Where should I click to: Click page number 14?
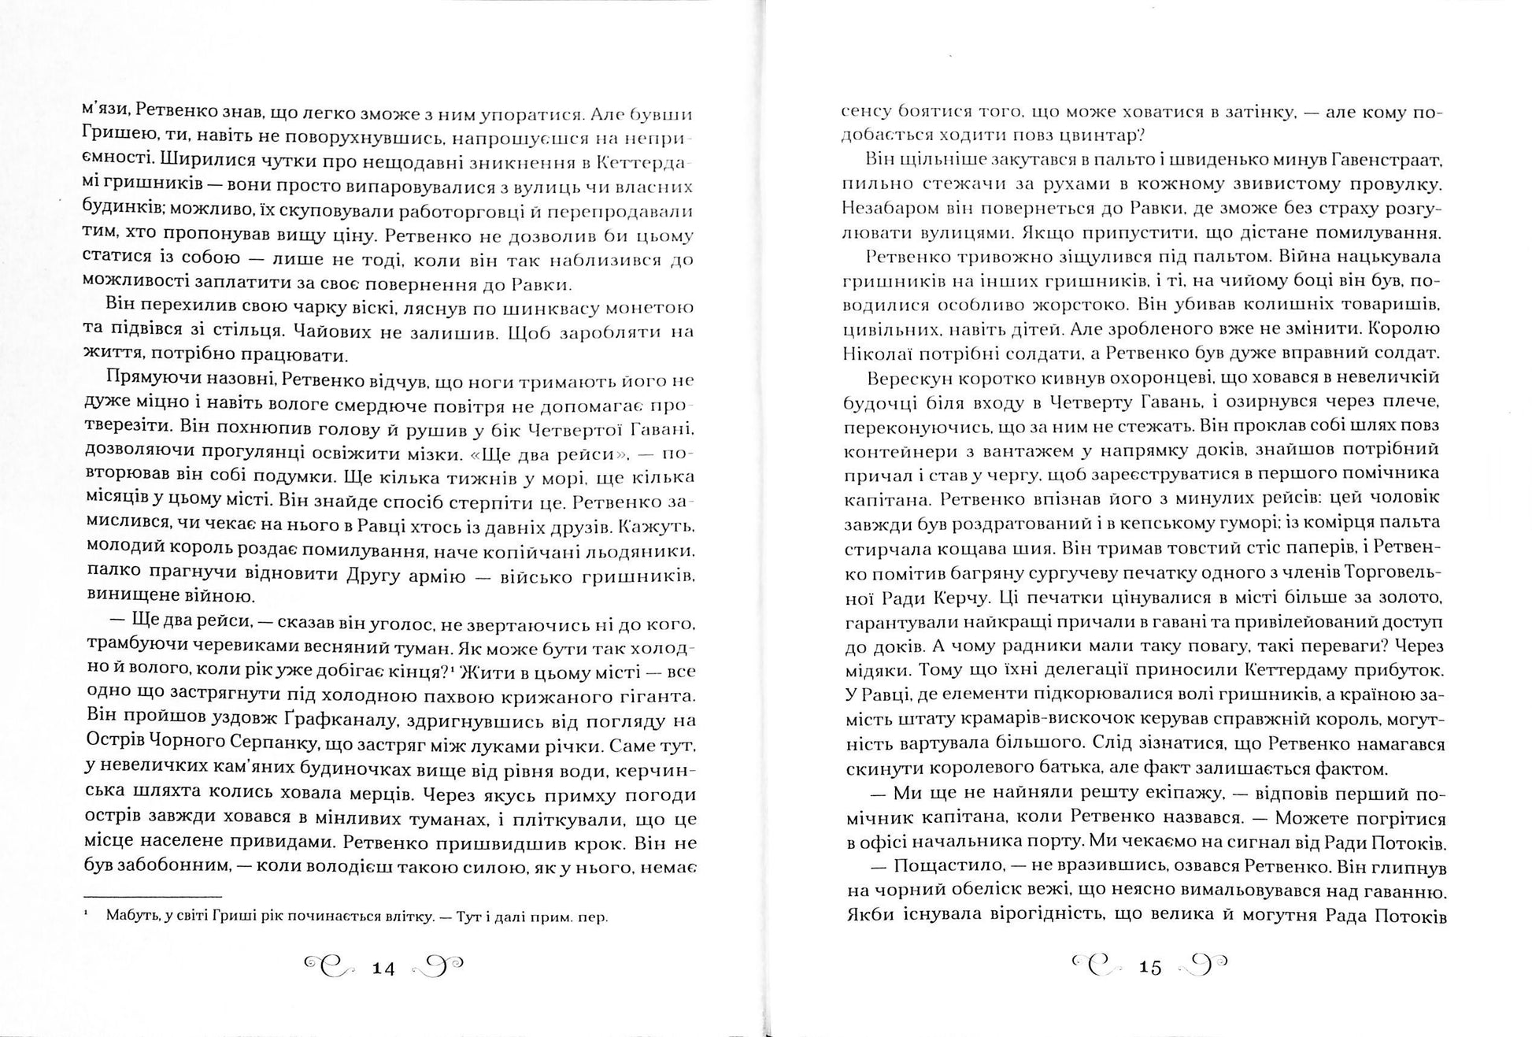(x=383, y=968)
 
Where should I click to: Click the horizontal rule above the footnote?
(x=153, y=896)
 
